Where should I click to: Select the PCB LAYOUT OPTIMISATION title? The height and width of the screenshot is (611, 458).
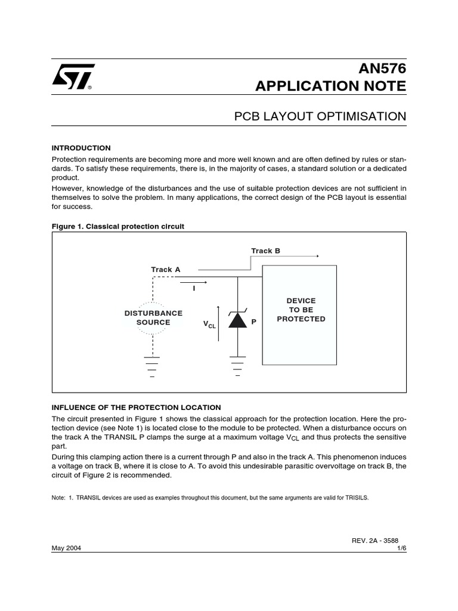[321, 116]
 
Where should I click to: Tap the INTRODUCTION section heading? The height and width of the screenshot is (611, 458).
[81, 148]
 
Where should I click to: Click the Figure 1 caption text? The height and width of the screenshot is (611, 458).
[118, 226]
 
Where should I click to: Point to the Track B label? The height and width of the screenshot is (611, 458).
[265, 251]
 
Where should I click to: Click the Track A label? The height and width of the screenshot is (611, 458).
[165, 270]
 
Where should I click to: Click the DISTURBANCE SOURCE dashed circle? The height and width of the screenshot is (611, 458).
[153, 317]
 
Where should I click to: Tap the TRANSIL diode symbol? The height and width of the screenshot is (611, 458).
[238, 320]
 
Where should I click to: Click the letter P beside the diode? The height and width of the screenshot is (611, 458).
[253, 322]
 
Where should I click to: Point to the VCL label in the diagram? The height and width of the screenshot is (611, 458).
[209, 324]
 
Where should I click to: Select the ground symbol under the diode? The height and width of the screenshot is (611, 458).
[238, 365]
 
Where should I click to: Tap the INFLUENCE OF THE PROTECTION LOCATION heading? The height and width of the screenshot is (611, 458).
[137, 408]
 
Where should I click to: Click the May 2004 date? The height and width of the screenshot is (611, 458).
[66, 548]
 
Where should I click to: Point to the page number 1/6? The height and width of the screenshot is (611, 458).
[401, 548]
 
